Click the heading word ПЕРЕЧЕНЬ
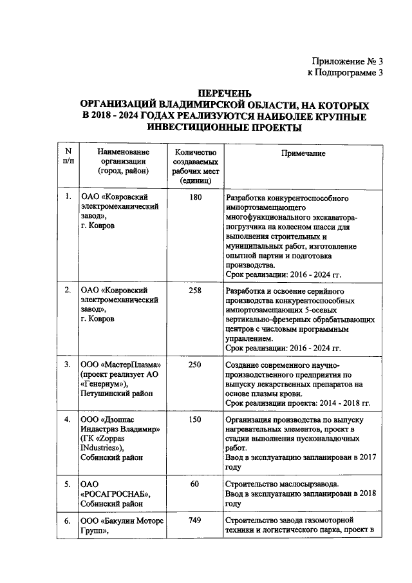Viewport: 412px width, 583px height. coord(224,93)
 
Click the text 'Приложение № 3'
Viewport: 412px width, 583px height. coord(346,62)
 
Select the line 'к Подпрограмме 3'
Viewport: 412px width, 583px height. coord(346,73)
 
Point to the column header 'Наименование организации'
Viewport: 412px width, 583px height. coord(122,162)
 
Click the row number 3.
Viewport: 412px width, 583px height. coord(68,365)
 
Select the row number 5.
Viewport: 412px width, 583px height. coord(68,484)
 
